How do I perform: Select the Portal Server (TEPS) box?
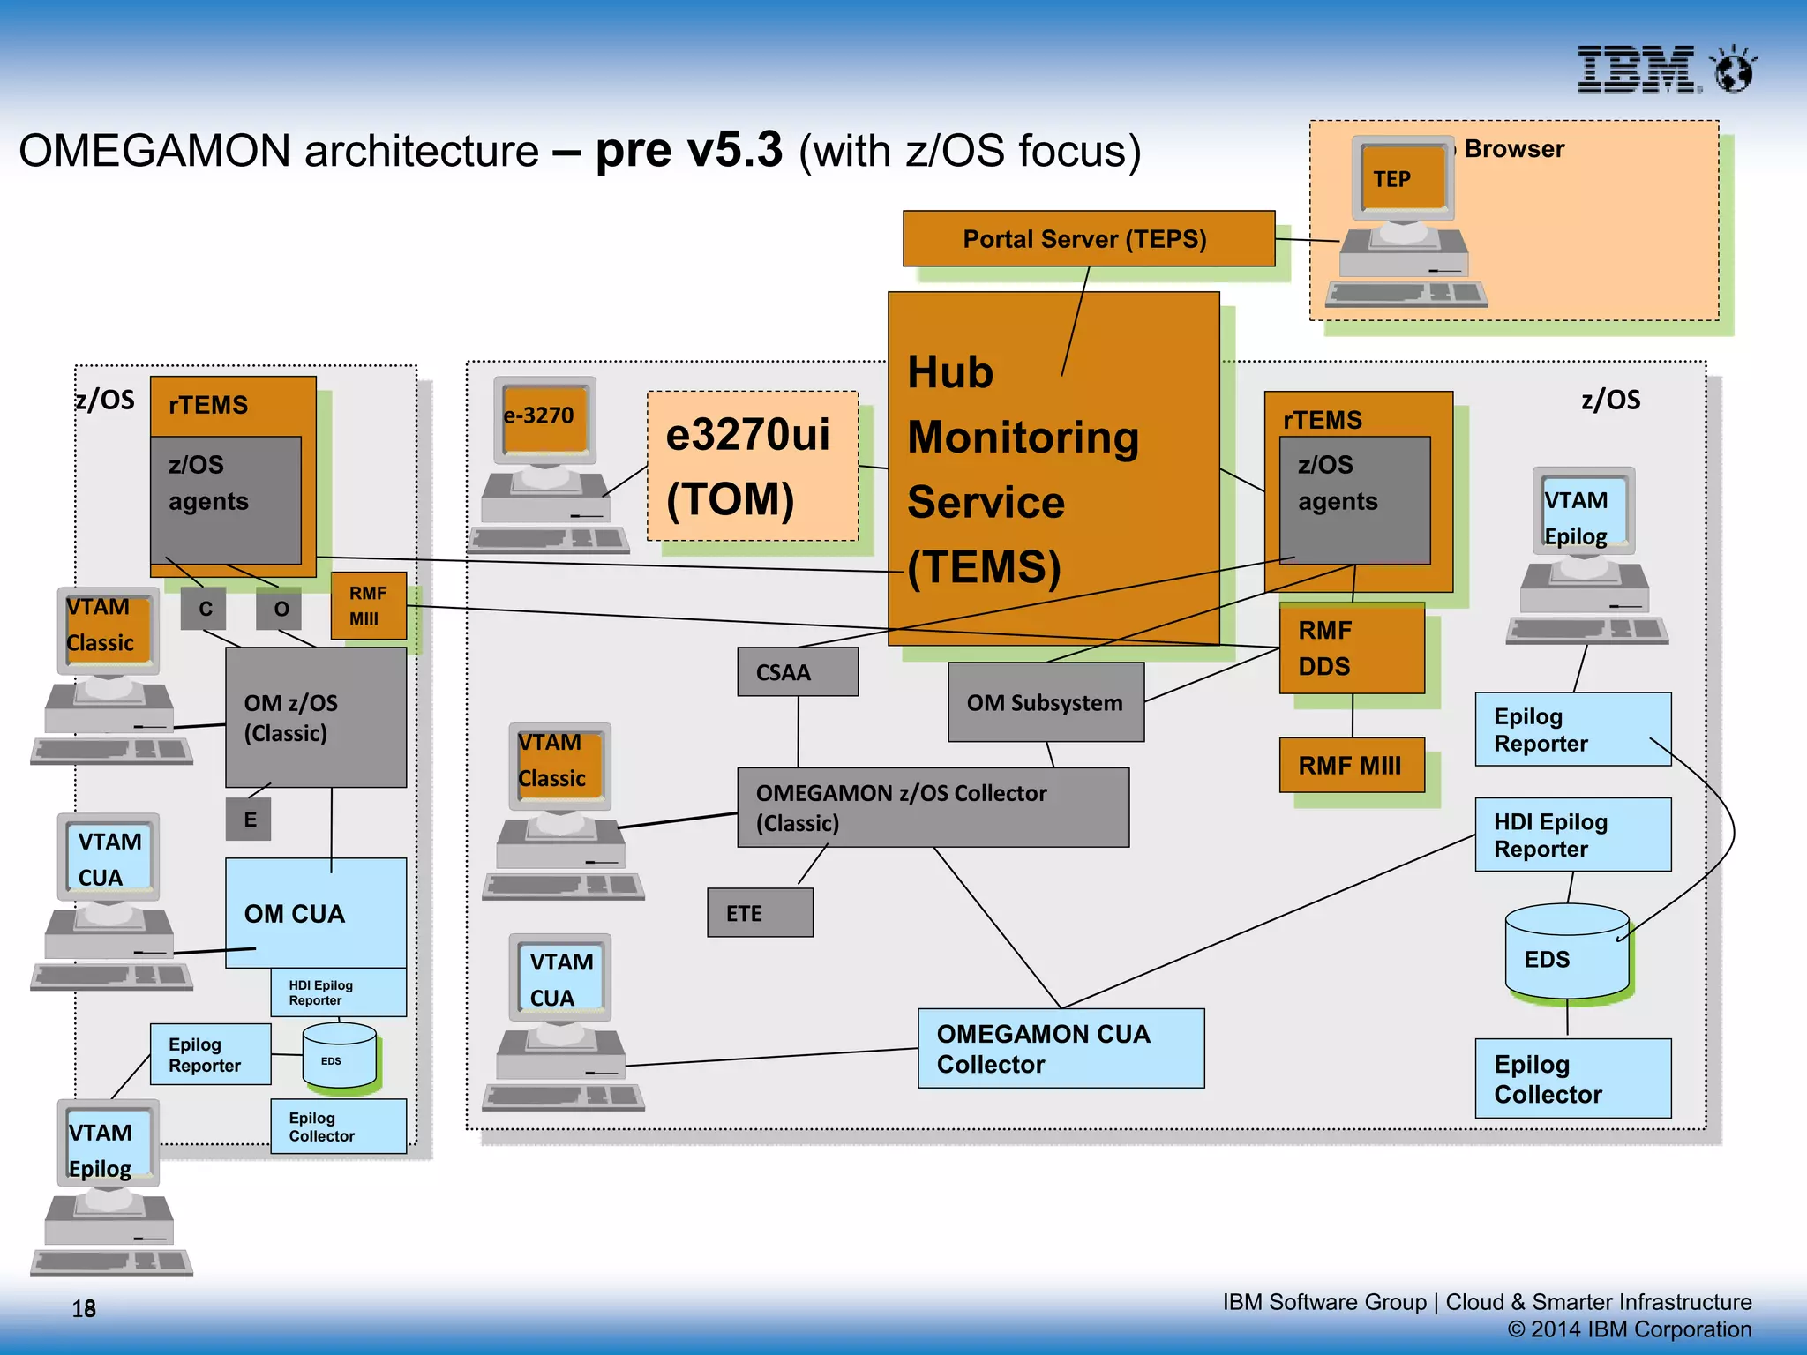pyautogui.click(x=1088, y=238)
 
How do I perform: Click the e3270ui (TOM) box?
pyautogui.click(x=752, y=466)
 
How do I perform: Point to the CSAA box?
pyautogui.click(x=797, y=672)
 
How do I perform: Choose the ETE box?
pyautogui.click(x=759, y=913)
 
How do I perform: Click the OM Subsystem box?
pyautogui.click(x=1046, y=703)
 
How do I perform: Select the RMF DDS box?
pyautogui.click(x=1351, y=648)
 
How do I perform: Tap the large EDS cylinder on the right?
pyautogui.click(x=1566, y=957)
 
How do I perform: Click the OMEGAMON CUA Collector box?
pyautogui.click(x=1060, y=1048)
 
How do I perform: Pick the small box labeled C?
pyautogui.click(x=204, y=609)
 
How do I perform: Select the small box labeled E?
pyautogui.click(x=249, y=820)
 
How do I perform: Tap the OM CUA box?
pyautogui.click(x=315, y=913)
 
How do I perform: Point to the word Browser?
pyautogui.click(x=1513, y=149)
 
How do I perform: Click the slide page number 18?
pyautogui.click(x=84, y=1308)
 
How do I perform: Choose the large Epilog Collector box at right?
pyautogui.click(x=1572, y=1079)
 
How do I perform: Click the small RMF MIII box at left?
pyautogui.click(x=368, y=606)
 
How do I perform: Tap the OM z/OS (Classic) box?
pyautogui.click(x=315, y=717)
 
